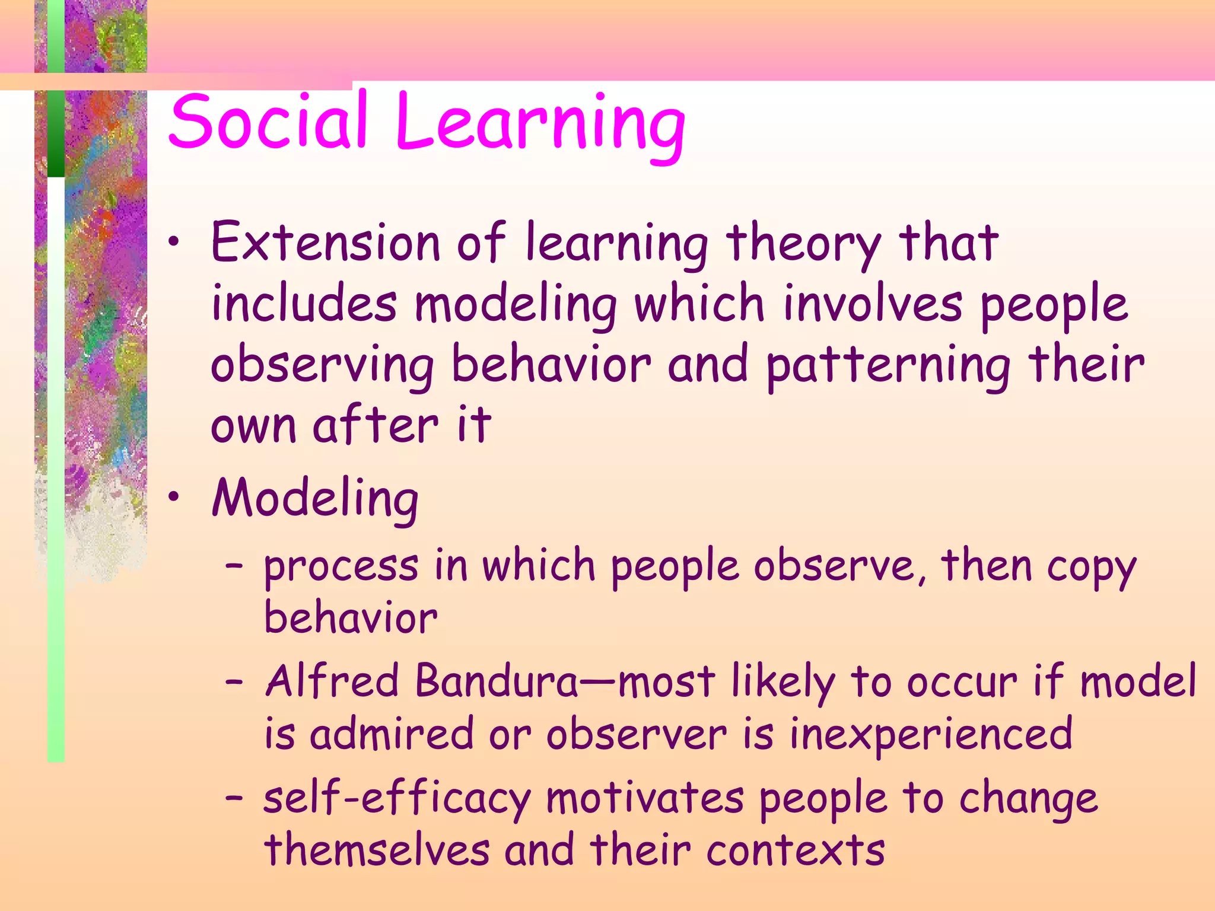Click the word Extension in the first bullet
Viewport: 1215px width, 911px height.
325,243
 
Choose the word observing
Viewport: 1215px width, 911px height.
322,366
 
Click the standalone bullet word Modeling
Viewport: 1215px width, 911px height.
315,499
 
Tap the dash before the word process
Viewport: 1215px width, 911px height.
234,566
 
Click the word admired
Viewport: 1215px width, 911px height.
392,734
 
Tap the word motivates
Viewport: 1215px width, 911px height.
644,798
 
